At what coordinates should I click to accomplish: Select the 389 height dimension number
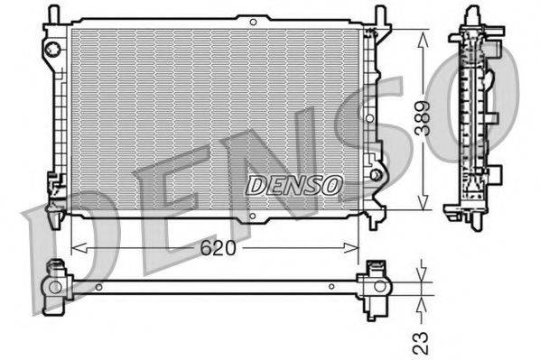click(x=435, y=118)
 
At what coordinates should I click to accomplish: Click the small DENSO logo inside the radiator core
click(x=295, y=185)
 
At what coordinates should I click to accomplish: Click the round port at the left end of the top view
click(x=55, y=288)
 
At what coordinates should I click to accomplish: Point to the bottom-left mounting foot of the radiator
click(x=54, y=209)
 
